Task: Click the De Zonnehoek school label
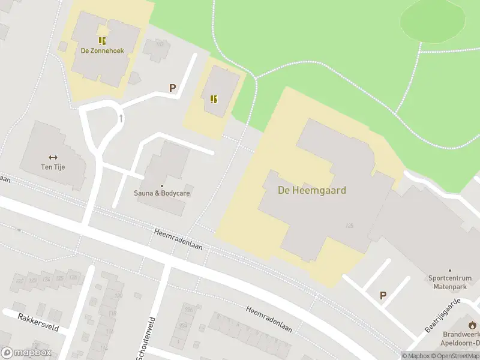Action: (x=103, y=51)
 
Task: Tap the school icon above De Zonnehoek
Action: (x=103, y=41)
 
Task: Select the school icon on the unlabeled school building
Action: (x=213, y=99)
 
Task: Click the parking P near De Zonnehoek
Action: (x=173, y=88)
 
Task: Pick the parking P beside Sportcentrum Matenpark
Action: (x=383, y=295)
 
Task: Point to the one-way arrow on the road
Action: (x=121, y=118)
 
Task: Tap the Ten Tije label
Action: (x=53, y=167)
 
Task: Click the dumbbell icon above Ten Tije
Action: (x=53, y=157)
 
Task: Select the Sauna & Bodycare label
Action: (x=162, y=194)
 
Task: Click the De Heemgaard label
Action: (x=311, y=190)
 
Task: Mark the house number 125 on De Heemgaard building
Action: (x=349, y=226)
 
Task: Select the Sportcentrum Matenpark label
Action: (x=451, y=283)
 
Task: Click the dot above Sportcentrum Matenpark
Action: (x=450, y=271)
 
